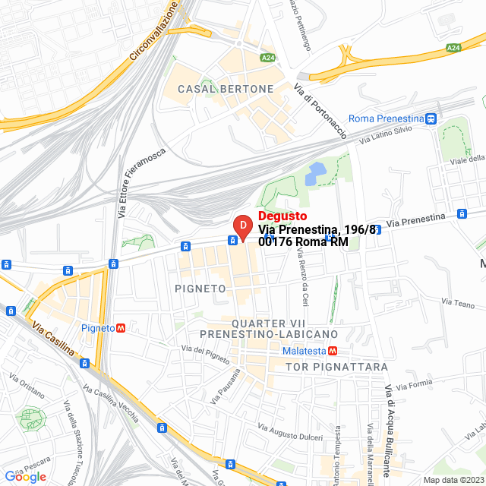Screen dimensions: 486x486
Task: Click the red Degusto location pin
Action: pos(241,228)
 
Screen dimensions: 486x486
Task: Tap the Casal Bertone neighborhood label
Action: pos(226,89)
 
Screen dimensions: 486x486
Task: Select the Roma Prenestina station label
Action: pos(386,118)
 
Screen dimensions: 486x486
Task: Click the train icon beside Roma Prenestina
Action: pos(431,118)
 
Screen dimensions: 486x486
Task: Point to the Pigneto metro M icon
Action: pos(121,328)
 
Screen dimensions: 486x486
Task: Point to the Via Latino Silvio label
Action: pos(386,134)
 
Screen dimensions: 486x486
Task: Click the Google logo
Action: pos(25,477)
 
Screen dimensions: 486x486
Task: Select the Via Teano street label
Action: pos(458,301)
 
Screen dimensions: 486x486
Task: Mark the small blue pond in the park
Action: pos(314,175)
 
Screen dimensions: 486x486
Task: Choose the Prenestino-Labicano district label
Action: pos(269,334)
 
